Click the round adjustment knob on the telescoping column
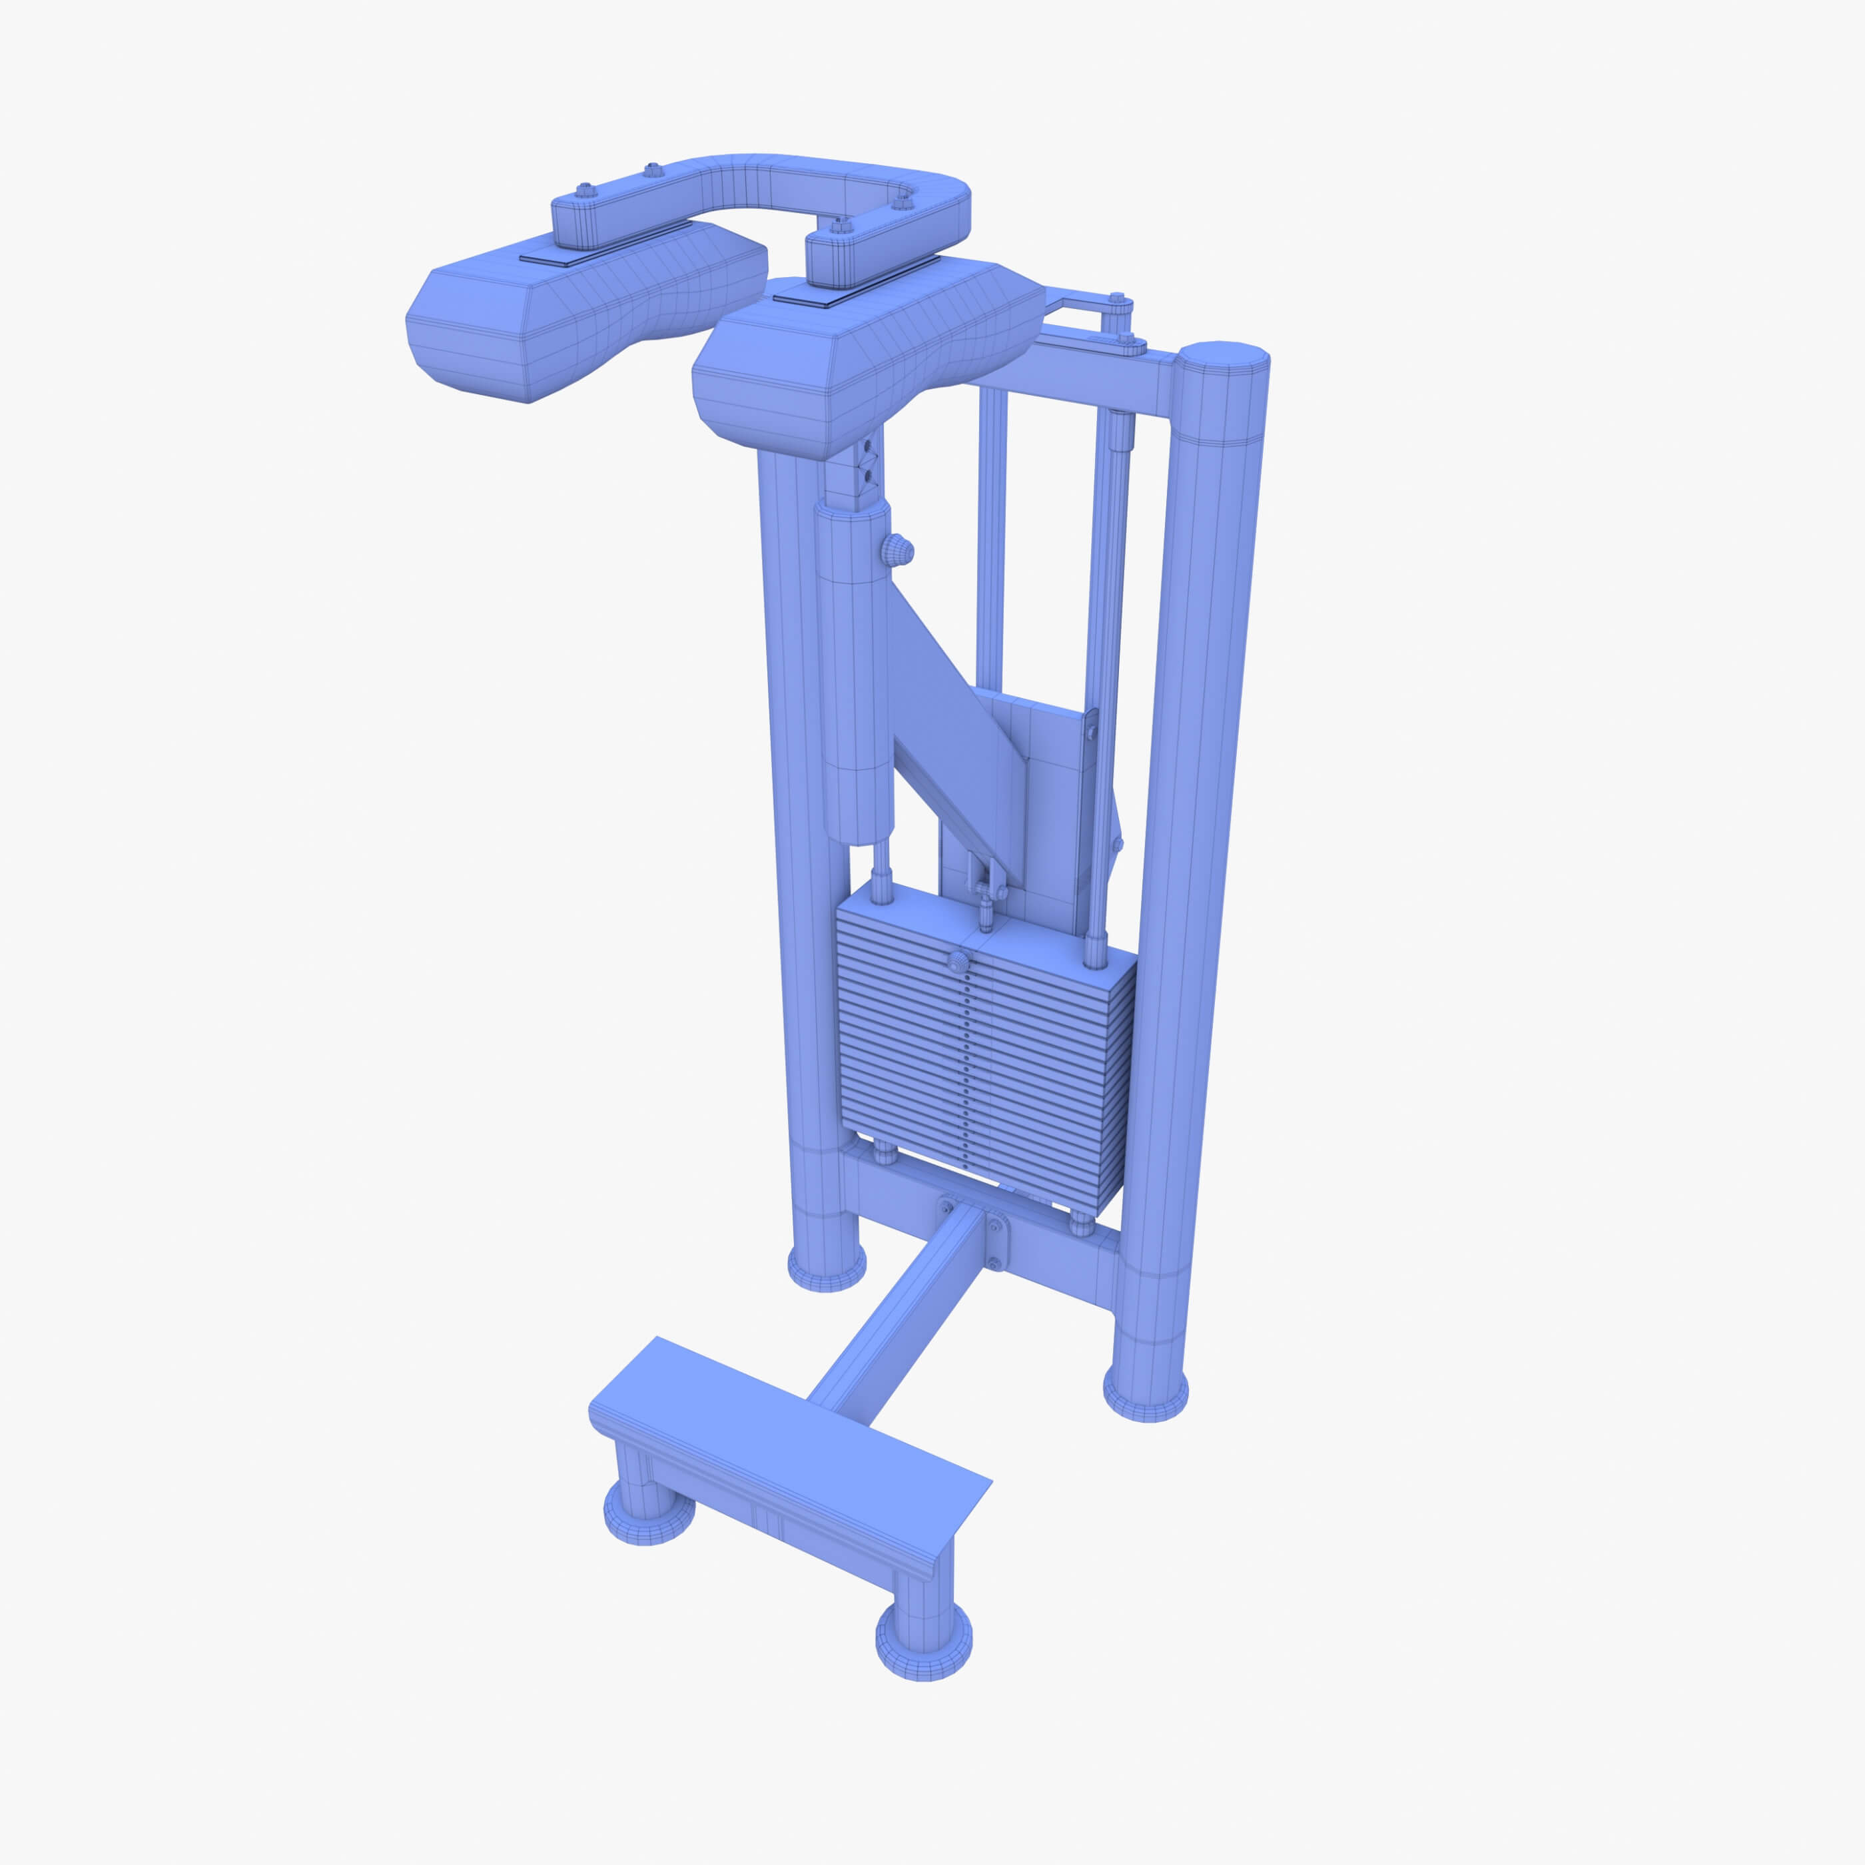[x=897, y=550]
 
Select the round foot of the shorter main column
[x=827, y=1266]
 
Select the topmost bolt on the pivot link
[x=1118, y=301]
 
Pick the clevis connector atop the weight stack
[x=984, y=883]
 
